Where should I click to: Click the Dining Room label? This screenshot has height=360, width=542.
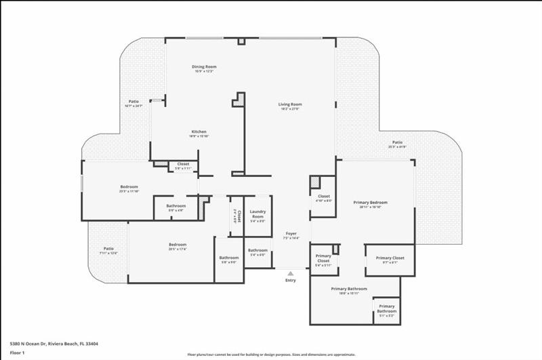click(203, 66)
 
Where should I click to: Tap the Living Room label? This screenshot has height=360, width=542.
click(289, 104)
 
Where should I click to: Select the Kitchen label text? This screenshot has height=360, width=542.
click(198, 132)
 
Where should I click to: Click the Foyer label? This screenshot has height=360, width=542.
click(291, 233)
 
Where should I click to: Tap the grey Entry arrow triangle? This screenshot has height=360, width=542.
click(291, 273)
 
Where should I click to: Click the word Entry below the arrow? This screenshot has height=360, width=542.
click(291, 280)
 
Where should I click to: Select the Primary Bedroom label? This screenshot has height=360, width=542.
click(371, 202)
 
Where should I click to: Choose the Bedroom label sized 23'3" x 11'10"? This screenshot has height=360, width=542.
click(129, 186)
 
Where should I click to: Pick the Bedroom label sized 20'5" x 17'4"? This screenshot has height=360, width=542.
click(178, 244)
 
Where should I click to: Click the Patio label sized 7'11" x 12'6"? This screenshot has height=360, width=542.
click(108, 249)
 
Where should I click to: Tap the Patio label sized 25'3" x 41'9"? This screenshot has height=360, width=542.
click(397, 142)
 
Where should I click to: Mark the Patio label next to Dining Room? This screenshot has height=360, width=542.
click(133, 101)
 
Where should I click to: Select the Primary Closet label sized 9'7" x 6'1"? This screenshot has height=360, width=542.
click(390, 258)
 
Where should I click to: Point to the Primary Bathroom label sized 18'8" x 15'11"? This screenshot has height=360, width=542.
click(349, 289)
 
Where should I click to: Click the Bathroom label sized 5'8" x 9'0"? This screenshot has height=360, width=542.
click(228, 258)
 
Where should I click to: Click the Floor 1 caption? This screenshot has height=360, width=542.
click(17, 353)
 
